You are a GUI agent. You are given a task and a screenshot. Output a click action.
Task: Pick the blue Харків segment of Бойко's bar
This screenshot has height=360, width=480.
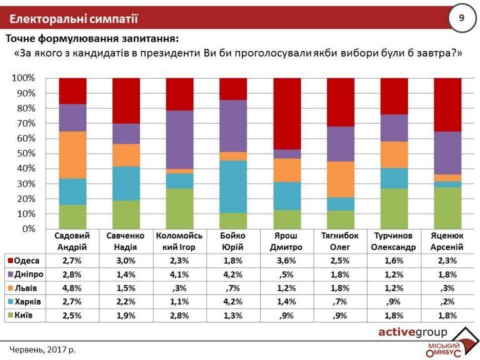(233, 186)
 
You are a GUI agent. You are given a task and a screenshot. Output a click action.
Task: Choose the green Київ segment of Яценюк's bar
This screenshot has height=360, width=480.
(447, 208)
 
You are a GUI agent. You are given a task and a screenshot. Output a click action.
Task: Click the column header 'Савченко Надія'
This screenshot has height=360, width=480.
(126, 241)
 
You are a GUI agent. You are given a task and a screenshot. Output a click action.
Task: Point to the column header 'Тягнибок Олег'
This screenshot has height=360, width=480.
(341, 241)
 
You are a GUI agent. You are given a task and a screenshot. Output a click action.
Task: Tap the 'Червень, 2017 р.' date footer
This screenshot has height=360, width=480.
(42, 349)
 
